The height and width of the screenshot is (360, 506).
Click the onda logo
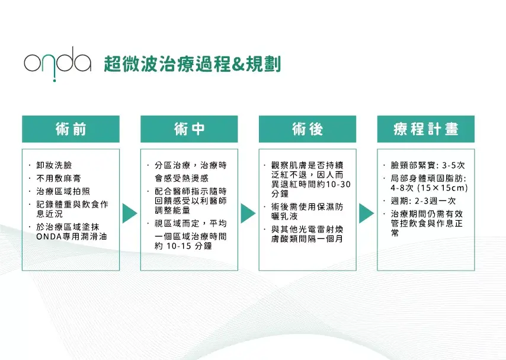(x=57, y=63)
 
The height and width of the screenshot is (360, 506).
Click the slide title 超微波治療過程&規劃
(x=193, y=64)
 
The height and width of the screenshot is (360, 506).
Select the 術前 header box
(x=71, y=129)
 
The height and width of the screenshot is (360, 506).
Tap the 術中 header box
(x=189, y=129)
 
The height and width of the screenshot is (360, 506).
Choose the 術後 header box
(x=308, y=129)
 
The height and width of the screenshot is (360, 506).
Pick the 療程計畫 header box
(x=426, y=129)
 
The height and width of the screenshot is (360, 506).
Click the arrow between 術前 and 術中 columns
(x=130, y=214)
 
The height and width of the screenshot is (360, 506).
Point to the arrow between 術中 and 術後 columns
(x=248, y=214)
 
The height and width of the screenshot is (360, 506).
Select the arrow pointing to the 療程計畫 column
(x=367, y=214)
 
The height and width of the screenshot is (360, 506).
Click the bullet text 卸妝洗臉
(x=54, y=165)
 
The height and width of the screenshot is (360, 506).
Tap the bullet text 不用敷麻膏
(x=59, y=179)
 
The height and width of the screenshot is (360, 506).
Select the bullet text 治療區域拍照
(x=63, y=192)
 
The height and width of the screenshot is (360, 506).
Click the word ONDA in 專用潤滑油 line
(x=49, y=237)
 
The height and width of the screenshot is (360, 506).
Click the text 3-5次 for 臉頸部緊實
(x=453, y=165)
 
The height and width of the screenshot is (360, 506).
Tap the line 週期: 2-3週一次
(x=423, y=201)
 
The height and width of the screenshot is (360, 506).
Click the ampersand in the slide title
(x=238, y=64)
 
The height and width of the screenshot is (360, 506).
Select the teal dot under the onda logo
(x=55, y=81)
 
